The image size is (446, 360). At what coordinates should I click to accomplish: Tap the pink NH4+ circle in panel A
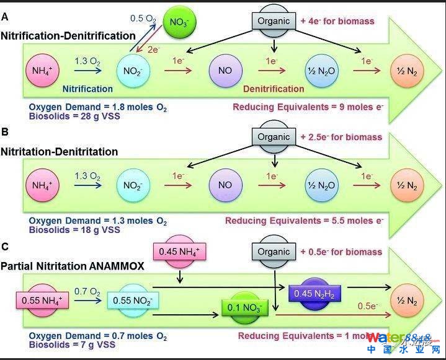pyautogui.click(x=43, y=70)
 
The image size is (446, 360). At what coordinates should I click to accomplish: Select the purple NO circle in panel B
pyautogui.click(x=225, y=185)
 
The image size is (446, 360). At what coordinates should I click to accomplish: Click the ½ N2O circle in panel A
pyautogui.click(x=321, y=70)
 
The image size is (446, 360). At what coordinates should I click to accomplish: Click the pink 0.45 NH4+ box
pyautogui.click(x=179, y=251)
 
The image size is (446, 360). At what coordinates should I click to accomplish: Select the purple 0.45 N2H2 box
pyautogui.click(x=315, y=292)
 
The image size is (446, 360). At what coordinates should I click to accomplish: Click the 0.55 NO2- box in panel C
pyautogui.click(x=133, y=301)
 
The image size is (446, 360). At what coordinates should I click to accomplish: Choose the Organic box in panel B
pyautogui.click(x=274, y=136)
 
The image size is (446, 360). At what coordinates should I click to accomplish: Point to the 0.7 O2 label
pyautogui.click(x=87, y=291)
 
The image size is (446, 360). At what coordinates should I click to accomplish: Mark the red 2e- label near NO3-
pyautogui.click(x=153, y=50)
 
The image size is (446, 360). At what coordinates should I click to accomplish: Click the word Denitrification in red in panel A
pyautogui.click(x=274, y=89)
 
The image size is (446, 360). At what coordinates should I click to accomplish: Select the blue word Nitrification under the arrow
pyautogui.click(x=87, y=89)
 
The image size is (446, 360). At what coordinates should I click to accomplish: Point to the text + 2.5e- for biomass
pyautogui.click(x=341, y=136)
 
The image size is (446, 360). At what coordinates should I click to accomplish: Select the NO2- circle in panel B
pyautogui.click(x=133, y=185)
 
